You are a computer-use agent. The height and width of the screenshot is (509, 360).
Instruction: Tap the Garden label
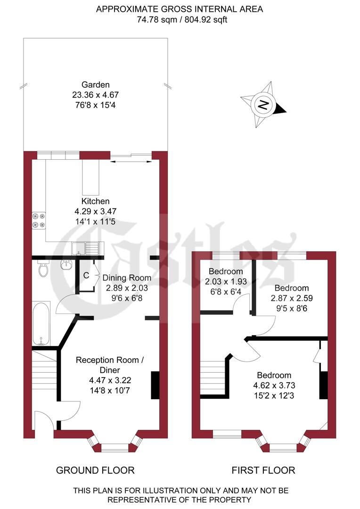click(96, 85)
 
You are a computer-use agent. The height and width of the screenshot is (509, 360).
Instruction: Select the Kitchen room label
click(95, 201)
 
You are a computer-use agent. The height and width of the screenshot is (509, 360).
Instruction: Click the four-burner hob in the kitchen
click(38, 220)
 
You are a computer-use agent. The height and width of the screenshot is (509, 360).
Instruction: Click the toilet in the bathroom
click(44, 270)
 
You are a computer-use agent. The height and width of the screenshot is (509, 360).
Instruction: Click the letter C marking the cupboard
click(86, 275)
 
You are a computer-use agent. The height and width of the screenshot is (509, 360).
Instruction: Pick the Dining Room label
click(127, 278)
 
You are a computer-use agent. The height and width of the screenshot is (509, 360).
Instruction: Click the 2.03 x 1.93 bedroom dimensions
click(226, 281)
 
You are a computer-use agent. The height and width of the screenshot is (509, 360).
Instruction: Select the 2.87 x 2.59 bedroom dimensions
click(292, 298)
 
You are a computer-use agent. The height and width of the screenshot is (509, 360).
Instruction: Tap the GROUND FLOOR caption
click(95, 470)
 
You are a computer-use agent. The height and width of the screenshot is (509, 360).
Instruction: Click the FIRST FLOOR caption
click(263, 470)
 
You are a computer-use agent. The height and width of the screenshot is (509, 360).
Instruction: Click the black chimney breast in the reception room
click(155, 385)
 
